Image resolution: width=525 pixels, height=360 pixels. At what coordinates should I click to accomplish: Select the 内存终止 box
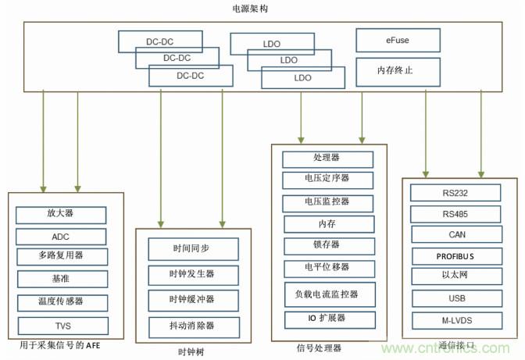coord(396,71)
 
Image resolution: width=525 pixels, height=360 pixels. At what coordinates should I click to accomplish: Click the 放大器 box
coord(60,214)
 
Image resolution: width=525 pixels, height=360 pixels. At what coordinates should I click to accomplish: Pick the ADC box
coord(60,236)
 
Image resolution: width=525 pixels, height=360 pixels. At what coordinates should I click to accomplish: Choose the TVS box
coord(60,325)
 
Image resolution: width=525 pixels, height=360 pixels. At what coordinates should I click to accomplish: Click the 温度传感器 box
coord(60,302)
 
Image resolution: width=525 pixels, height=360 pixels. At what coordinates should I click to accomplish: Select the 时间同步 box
coord(191,249)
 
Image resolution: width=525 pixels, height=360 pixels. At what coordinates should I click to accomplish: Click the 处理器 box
coord(327,159)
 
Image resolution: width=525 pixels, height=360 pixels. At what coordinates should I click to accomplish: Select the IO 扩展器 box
coord(327,319)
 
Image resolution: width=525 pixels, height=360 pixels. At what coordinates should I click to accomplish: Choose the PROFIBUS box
coord(455,256)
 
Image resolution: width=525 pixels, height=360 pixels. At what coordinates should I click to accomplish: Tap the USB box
coord(455,298)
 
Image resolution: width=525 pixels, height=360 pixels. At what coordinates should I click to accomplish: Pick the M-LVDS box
coord(455,320)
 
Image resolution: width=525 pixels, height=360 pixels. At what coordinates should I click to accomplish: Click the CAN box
coord(455,234)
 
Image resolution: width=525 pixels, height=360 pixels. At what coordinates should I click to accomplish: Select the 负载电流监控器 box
coord(327,294)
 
